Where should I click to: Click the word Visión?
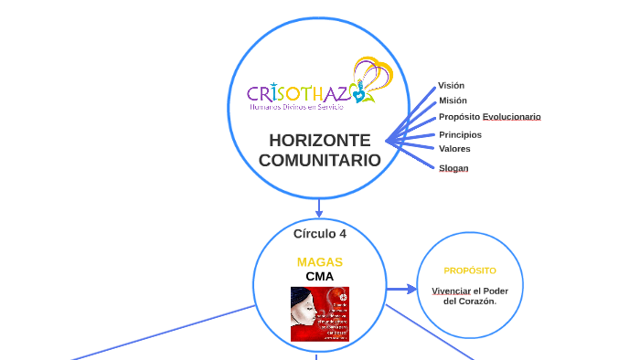[x=451, y=85]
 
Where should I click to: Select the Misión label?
[x=453, y=101]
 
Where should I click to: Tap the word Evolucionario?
[x=511, y=117]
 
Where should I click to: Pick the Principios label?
[x=460, y=134]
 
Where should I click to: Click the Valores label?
[x=454, y=148]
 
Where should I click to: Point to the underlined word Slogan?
[x=453, y=168]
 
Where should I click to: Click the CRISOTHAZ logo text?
[x=297, y=93]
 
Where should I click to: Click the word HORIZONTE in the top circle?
[x=319, y=141]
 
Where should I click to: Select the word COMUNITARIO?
[x=319, y=160]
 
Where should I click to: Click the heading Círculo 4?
[x=319, y=233]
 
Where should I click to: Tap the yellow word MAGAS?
[x=319, y=262]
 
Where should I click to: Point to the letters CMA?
[x=319, y=276]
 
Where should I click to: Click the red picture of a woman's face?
[x=319, y=313]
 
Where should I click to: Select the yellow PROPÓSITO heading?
[x=470, y=270]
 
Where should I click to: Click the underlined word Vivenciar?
[x=451, y=291]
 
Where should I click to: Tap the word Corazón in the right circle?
[x=479, y=301]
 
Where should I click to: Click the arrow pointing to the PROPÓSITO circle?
[x=400, y=290]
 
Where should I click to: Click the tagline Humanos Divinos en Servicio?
[x=297, y=108]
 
